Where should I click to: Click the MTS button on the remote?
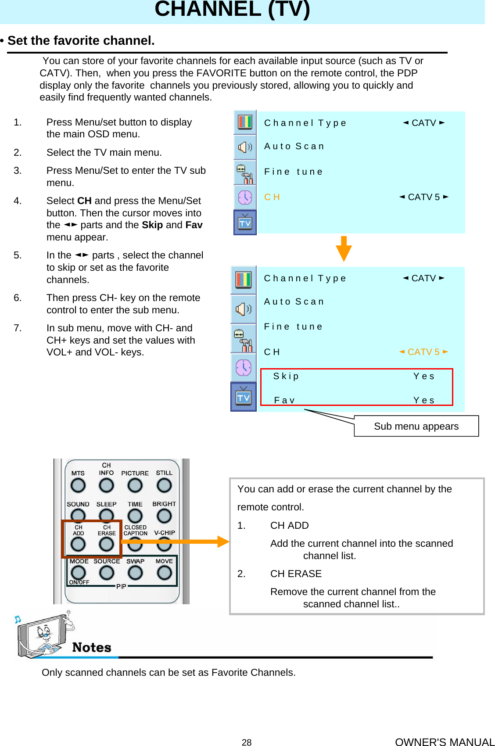[78, 485]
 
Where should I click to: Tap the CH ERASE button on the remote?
[106, 544]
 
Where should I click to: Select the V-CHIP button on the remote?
[164, 545]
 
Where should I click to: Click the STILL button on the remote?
[164, 485]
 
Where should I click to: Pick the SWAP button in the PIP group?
[135, 572]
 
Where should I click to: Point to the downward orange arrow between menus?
[344, 249]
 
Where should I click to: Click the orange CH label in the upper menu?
[272, 197]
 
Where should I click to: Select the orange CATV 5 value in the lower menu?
[423, 352]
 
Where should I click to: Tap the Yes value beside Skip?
[423, 376]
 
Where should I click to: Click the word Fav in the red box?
[284, 400]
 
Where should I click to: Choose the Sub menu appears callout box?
[416, 426]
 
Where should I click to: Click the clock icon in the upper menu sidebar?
[245, 197]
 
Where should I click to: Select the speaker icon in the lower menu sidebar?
[244, 309]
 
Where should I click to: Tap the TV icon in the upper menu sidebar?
[245, 223]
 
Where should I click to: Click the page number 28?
[247, 742]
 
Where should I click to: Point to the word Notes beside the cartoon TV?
[91, 647]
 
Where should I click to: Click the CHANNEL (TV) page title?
[232, 10]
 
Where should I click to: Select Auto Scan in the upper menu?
[294, 146]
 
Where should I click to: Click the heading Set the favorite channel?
[81, 41]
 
